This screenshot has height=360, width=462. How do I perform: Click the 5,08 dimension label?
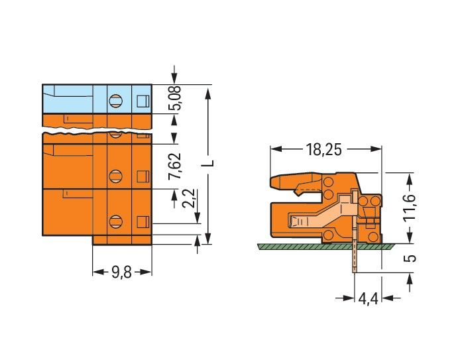(175, 98)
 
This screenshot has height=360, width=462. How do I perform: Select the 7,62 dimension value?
(175, 166)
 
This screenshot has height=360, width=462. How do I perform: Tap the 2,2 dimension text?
(189, 198)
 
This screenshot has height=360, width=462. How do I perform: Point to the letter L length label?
(208, 164)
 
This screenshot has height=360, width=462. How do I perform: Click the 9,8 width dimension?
(121, 272)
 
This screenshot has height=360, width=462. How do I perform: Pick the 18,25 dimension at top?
(324, 150)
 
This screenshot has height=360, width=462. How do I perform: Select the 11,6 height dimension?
(410, 207)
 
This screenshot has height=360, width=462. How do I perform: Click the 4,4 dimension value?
(368, 300)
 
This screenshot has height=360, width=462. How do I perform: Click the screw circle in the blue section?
(115, 101)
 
